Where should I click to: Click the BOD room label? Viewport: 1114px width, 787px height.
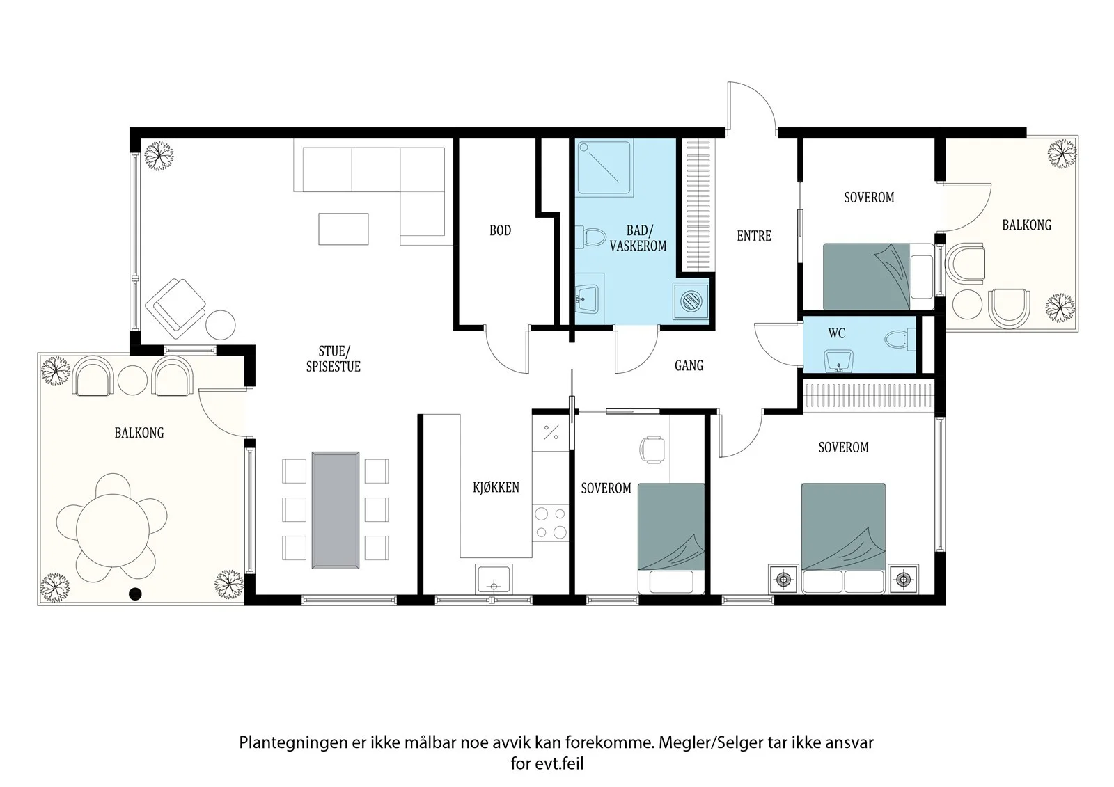click(501, 230)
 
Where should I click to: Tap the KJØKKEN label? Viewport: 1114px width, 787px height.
click(496, 487)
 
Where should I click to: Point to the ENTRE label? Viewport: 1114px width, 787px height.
click(754, 236)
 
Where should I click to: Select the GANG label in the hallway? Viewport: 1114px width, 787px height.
click(689, 365)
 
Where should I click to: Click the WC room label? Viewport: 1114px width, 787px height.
click(836, 333)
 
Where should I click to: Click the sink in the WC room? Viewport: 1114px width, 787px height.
click(838, 361)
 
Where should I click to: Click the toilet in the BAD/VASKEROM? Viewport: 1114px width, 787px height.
click(589, 237)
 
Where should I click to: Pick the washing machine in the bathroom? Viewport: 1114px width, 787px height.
click(691, 301)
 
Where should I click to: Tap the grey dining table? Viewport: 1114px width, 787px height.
click(335, 509)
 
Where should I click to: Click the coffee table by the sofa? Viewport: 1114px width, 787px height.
click(344, 229)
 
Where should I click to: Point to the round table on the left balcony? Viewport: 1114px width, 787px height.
click(112, 530)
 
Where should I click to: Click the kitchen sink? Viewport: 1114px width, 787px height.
click(494, 579)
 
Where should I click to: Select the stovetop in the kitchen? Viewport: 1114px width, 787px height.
click(551, 523)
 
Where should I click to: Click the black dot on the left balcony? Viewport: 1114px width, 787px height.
click(135, 594)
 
